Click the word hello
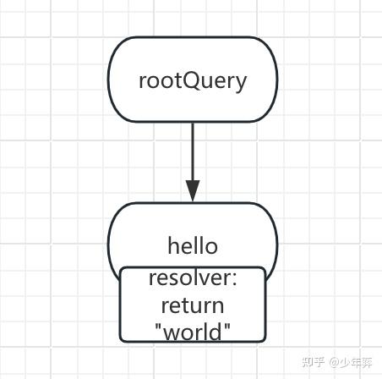[193, 246]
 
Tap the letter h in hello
[173, 246]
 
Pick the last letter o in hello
[211, 247]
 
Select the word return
[193, 305]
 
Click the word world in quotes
[193, 331]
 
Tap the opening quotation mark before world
[159, 326]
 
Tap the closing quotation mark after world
[226, 326]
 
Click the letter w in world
[171, 332]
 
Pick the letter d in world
[216, 331]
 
